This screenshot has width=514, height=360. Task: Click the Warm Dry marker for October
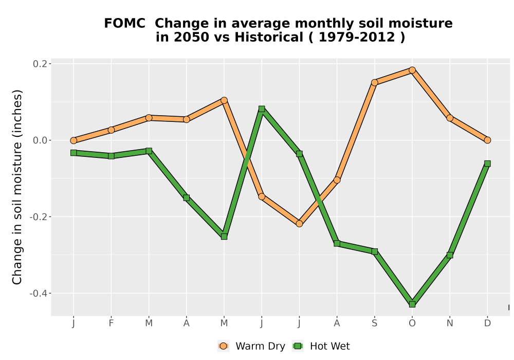[412, 70]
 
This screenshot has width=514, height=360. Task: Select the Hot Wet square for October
[412, 304]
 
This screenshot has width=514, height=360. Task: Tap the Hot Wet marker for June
[262, 109]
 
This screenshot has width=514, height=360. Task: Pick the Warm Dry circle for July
[299, 224]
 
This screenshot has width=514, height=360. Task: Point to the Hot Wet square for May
[224, 237]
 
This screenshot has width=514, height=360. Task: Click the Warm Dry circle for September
[374, 83]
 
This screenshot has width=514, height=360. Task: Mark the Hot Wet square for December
[487, 164]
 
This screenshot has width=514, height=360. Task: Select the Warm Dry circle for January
[74, 140]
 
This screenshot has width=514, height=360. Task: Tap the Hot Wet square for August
[337, 244]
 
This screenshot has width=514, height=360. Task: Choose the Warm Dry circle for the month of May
[224, 100]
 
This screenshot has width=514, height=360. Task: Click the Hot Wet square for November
[450, 255]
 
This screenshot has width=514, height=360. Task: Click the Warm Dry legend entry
[251, 346]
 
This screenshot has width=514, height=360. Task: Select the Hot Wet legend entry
[321, 346]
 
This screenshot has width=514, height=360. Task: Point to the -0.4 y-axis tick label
[39, 293]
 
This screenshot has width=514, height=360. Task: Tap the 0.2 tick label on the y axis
[40, 64]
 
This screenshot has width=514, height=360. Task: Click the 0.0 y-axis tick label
[40, 140]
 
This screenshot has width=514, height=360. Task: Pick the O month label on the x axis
[412, 323]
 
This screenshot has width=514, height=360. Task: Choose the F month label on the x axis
[111, 323]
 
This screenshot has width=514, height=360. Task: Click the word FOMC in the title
[124, 24]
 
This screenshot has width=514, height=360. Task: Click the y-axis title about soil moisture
[17, 187]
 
